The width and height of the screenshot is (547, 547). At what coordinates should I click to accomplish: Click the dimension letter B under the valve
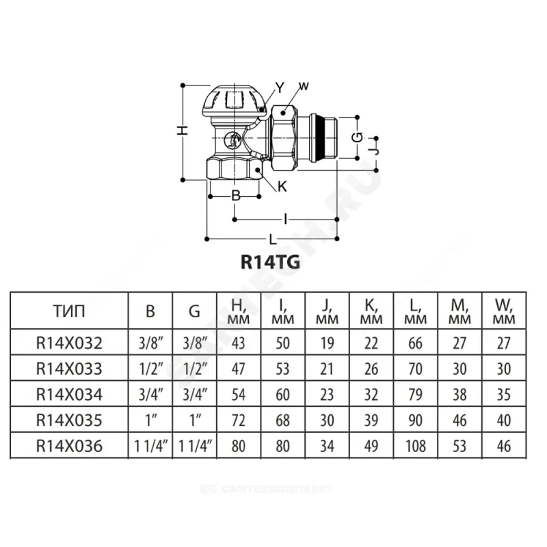coord(235,196)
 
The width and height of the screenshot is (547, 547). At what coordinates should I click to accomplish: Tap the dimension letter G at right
coord(356,137)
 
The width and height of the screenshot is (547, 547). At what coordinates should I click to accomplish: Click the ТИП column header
coord(69,312)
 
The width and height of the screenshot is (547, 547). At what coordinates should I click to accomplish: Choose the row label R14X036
coord(70,446)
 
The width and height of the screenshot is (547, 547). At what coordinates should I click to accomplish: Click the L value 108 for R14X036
coord(416,446)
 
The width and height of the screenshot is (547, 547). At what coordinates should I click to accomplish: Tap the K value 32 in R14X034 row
coord(371,395)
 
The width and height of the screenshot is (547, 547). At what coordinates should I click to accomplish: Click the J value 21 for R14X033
coord(327,369)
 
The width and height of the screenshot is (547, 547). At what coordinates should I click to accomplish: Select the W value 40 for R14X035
coord(504,420)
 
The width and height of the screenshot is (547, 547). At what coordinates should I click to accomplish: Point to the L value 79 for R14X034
coord(416,395)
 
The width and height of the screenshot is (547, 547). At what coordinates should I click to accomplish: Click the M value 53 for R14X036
coord(459,446)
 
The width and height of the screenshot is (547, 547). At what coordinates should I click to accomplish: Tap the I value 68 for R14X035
coord(282,420)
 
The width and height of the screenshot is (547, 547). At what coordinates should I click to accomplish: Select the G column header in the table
coord(194,312)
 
